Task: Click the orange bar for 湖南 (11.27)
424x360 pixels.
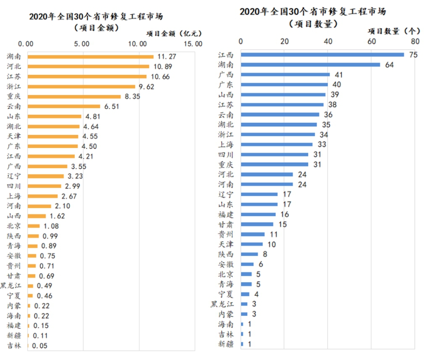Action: pyautogui.click(x=90, y=56)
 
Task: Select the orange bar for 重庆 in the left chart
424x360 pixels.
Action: pyautogui.click(x=74, y=96)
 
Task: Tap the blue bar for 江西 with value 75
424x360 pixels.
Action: pyautogui.click(x=322, y=55)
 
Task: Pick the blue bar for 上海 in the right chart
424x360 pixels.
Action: pyautogui.click(x=277, y=144)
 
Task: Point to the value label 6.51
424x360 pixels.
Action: pyautogui.click(x=112, y=106)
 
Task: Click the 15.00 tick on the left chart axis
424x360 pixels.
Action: pyautogui.click(x=193, y=44)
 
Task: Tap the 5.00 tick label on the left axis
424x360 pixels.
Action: pyautogui.click(x=82, y=44)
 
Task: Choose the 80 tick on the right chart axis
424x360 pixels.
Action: pyautogui.click(x=415, y=41)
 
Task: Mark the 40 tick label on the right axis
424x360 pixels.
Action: pyautogui.click(x=328, y=41)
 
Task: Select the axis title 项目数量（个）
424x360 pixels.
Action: pyautogui.click(x=393, y=31)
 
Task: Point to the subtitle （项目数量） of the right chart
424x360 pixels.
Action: pyautogui.click(x=313, y=24)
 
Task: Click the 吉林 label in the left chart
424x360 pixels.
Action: pyautogui.click(x=14, y=346)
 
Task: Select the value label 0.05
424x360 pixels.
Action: pyautogui.click(x=39, y=346)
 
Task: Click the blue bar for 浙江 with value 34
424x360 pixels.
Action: pyautogui.click(x=278, y=135)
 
